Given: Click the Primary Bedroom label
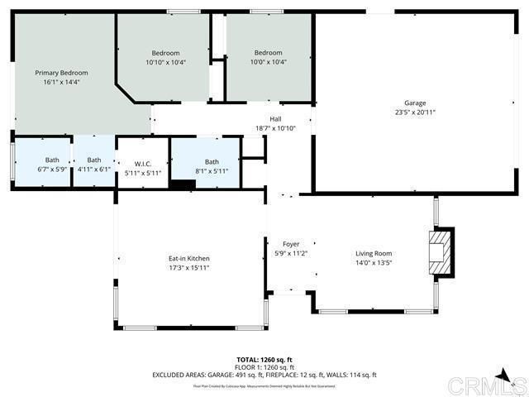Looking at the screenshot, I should [x=61, y=73].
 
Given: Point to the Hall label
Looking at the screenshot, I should [x=275, y=119].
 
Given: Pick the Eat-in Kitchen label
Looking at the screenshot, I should [x=189, y=258].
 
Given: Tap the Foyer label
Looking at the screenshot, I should [x=291, y=244].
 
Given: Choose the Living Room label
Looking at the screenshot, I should [x=374, y=253].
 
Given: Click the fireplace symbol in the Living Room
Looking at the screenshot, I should [x=441, y=252].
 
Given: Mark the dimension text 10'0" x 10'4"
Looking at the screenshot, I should [x=269, y=62].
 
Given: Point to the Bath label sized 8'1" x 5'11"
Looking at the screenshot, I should [x=212, y=161].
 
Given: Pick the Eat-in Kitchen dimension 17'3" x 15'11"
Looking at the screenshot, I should [x=189, y=267].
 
